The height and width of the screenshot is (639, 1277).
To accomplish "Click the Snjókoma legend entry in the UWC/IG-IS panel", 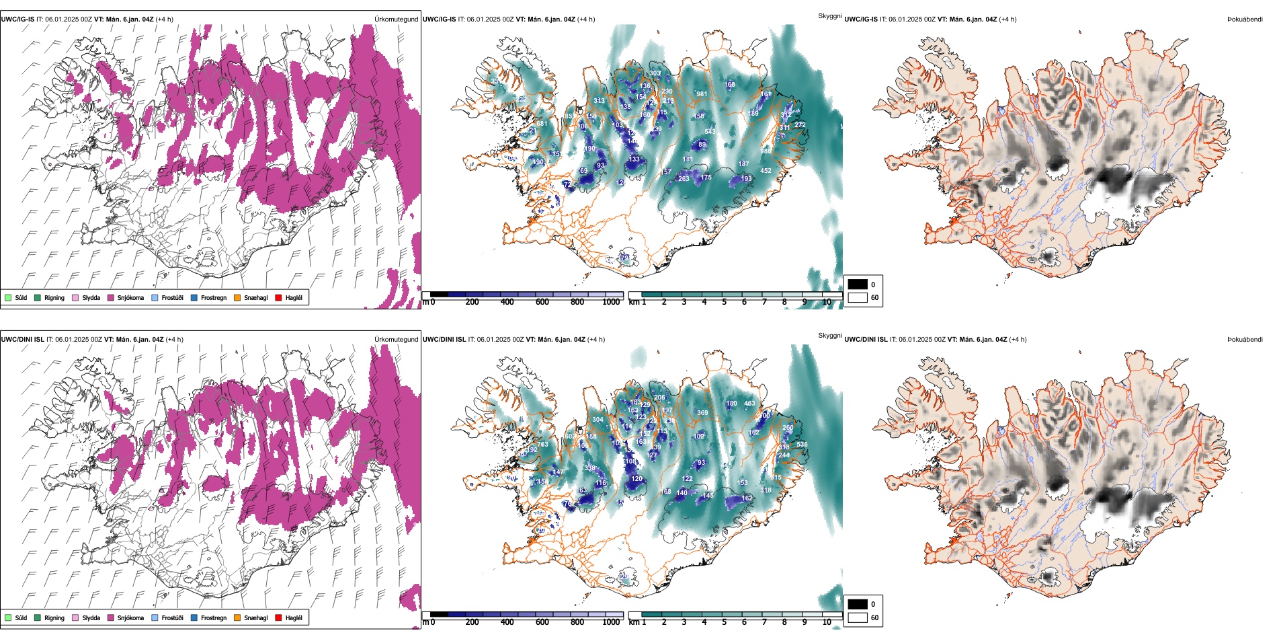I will pyautogui.click(x=130, y=298).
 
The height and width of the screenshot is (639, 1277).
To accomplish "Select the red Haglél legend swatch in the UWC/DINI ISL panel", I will pyautogui.click(x=278, y=618).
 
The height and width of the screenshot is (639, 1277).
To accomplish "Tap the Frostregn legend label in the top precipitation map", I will pyautogui.click(x=213, y=298).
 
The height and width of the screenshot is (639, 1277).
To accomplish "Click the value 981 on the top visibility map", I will pyautogui.click(x=701, y=94).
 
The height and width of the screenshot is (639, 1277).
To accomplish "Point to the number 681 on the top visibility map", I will pyautogui.click(x=542, y=124).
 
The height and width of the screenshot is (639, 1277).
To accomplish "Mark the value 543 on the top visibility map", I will pyautogui.click(x=710, y=132).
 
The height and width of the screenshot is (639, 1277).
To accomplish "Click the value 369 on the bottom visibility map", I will pyautogui.click(x=702, y=413).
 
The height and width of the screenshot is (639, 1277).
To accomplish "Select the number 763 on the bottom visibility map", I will pyautogui.click(x=542, y=444).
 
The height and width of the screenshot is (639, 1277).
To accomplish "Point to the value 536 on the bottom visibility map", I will pyautogui.click(x=802, y=444).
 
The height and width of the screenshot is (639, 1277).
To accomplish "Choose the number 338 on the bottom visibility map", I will pyautogui.click(x=589, y=468).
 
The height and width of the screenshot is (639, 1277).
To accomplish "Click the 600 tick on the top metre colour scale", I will pyautogui.click(x=542, y=303).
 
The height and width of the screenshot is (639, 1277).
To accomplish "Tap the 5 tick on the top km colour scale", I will pyautogui.click(x=724, y=303).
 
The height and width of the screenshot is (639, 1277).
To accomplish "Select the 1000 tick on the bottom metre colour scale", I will pyautogui.click(x=611, y=623).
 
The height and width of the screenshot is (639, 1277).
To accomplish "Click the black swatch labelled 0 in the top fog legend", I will pyautogui.click(x=858, y=285).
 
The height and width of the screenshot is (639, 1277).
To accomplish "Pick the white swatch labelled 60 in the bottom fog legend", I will pyautogui.click(x=858, y=617).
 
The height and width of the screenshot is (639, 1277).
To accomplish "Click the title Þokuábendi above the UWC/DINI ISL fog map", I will pyautogui.click(x=1245, y=340).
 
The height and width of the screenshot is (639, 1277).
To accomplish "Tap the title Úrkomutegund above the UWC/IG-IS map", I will pyautogui.click(x=396, y=20).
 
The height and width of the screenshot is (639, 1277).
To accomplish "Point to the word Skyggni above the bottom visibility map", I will pyautogui.click(x=829, y=336).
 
